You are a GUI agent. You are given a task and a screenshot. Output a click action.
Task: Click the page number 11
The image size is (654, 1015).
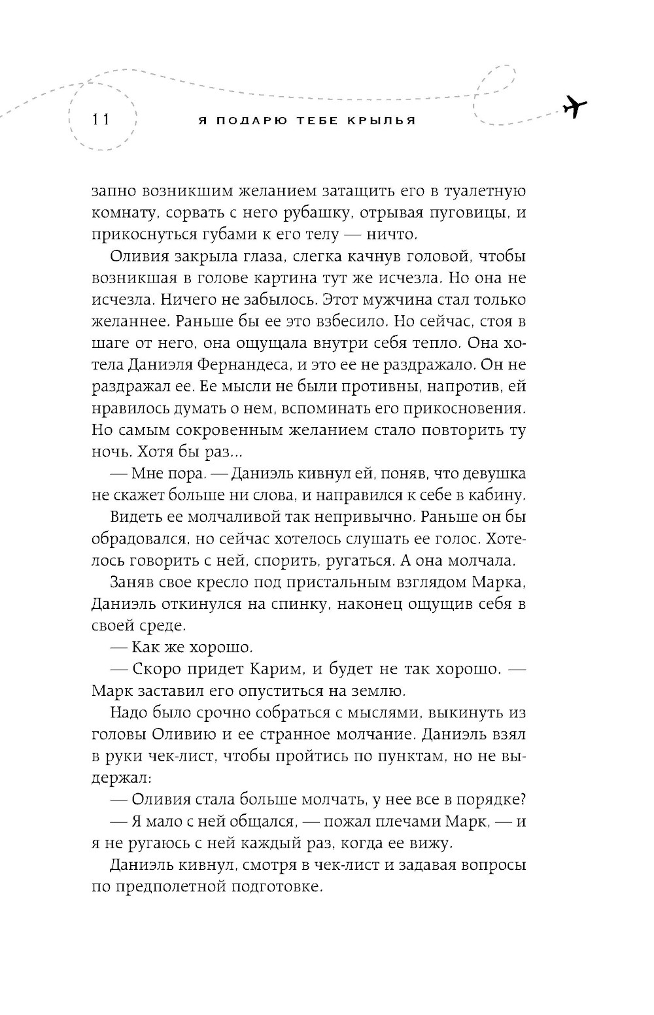101,120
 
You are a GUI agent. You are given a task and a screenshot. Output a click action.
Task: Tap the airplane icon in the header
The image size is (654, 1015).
574,106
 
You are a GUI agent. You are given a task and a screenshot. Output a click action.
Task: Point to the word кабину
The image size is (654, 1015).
494,494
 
